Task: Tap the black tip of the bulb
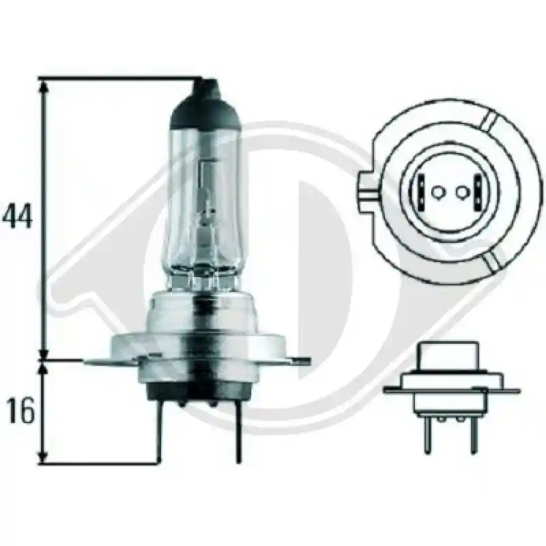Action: (x=205, y=104)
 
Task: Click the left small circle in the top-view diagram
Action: (x=436, y=192)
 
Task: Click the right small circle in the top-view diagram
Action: (x=461, y=192)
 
